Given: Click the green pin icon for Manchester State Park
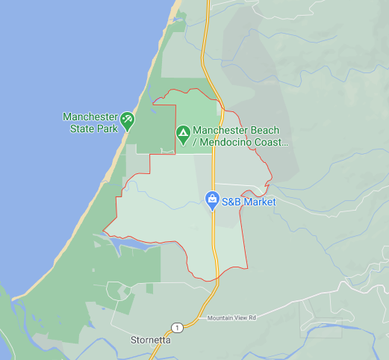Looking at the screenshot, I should pyautogui.click(x=128, y=119).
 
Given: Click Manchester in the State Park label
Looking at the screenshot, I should pyautogui.click(x=90, y=117).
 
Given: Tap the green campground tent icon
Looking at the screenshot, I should pyautogui.click(x=183, y=135).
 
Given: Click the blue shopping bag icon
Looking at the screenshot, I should pyautogui.click(x=212, y=200).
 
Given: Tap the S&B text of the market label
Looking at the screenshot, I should pyautogui.click(x=234, y=202).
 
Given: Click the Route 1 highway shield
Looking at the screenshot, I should pyautogui.click(x=176, y=327).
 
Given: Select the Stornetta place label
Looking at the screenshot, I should pyautogui.click(x=150, y=340).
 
